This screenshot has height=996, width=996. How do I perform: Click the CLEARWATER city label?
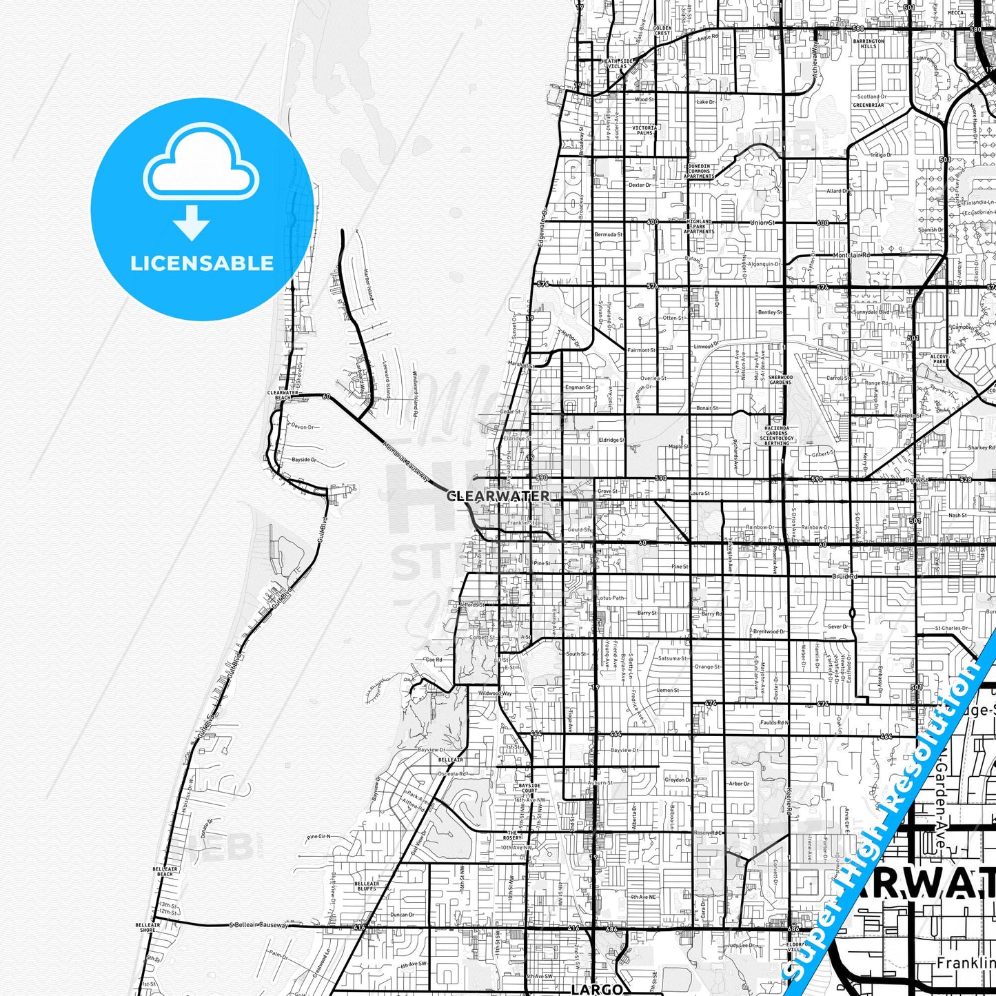[x=498, y=496]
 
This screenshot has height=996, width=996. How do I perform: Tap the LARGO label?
[x=597, y=989]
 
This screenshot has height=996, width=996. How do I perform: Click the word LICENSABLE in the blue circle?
[x=202, y=263]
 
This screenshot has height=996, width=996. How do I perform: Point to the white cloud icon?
[x=201, y=165]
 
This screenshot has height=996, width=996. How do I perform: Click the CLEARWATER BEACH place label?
[x=283, y=395]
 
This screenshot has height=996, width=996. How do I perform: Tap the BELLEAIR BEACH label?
[x=165, y=872]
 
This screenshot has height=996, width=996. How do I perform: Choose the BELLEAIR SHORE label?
[x=148, y=927]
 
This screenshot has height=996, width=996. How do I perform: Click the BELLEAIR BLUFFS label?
[x=367, y=886]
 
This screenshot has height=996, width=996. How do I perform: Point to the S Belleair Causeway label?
[x=258, y=925]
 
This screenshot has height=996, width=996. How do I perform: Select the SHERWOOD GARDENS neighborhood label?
[x=780, y=380]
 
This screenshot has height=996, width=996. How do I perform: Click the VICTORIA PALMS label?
[x=644, y=130]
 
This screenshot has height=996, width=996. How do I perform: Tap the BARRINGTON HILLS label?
[x=868, y=43]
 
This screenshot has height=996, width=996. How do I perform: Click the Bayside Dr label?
[x=303, y=460]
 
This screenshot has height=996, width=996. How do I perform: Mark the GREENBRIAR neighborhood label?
[x=868, y=105]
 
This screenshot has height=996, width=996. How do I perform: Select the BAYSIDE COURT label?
[x=529, y=788]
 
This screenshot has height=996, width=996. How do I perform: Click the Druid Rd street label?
[x=844, y=576]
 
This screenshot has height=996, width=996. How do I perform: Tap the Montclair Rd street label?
[x=851, y=255]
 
